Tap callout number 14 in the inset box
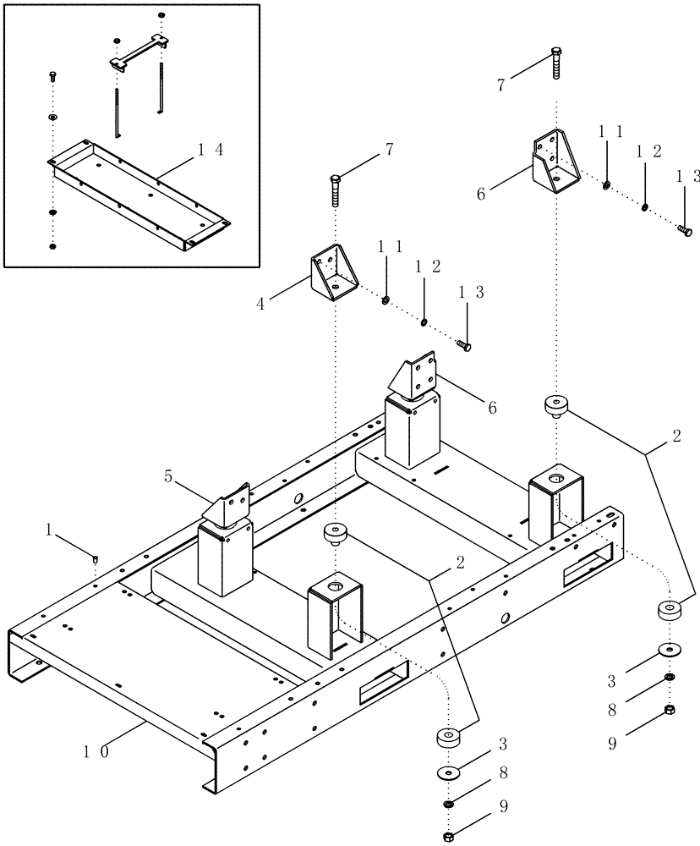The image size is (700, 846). [211, 150]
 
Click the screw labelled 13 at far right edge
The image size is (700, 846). [684, 228]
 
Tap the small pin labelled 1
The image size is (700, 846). [96, 558]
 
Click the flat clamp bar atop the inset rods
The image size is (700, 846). [137, 52]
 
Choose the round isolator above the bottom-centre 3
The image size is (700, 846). [449, 738]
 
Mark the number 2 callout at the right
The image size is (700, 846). [675, 437]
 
